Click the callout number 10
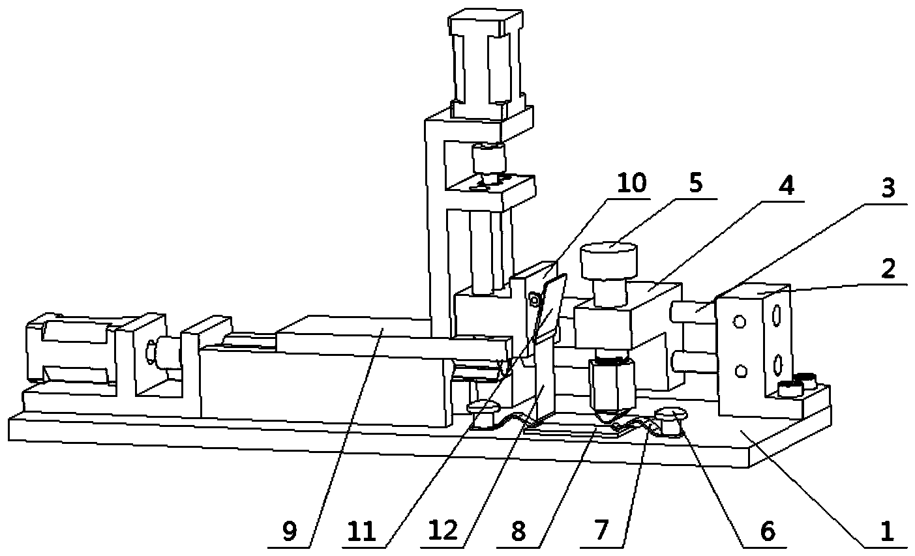631,183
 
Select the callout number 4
785,186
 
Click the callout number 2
888,268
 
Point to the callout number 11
361,532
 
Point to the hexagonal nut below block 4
612,384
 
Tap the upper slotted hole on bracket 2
777,315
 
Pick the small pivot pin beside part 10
533,300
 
